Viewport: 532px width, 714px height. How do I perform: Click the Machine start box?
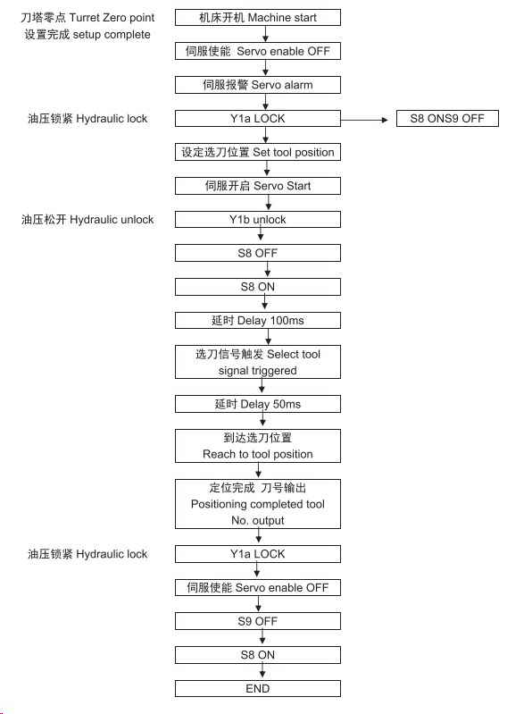pyautogui.click(x=258, y=17)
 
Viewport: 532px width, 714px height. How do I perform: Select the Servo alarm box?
pyautogui.click(x=258, y=85)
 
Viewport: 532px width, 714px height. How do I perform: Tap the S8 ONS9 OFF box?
pyautogui.click(x=447, y=118)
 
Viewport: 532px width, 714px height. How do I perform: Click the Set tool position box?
pyautogui.click(x=258, y=152)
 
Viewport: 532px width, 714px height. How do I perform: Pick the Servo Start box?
pyautogui.click(x=258, y=186)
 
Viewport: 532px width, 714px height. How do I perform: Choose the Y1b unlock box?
pyautogui.click(x=258, y=220)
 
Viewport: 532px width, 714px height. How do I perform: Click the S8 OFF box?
pyautogui.click(x=258, y=253)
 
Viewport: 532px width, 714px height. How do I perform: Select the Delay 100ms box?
pyautogui.click(x=258, y=321)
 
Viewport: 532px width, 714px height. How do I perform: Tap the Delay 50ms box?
pyautogui.click(x=258, y=404)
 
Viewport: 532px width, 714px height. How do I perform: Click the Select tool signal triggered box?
pyautogui.click(x=258, y=362)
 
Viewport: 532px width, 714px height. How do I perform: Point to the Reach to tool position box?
pyautogui.click(x=258, y=446)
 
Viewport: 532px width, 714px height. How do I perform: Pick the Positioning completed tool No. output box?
pyautogui.click(x=258, y=504)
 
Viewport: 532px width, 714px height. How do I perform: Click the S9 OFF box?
pyautogui.click(x=258, y=621)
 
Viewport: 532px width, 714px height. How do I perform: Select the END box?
pyautogui.click(x=258, y=688)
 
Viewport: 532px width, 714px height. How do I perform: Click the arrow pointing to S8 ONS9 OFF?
pyautogui.click(x=364, y=120)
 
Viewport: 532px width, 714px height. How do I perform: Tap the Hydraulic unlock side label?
pyautogui.click(x=87, y=220)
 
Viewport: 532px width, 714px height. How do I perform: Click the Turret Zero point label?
pyautogui.click(x=87, y=18)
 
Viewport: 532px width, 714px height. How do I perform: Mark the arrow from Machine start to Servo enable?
pyautogui.click(x=265, y=34)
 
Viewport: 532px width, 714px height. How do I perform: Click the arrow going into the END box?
pyautogui.click(x=262, y=672)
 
